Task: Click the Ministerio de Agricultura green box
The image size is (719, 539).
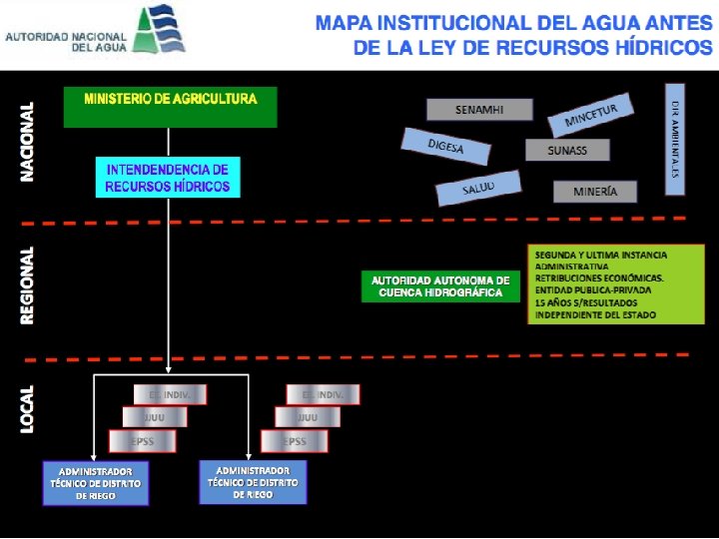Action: click(170, 107)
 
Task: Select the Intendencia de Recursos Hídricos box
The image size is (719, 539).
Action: click(168, 178)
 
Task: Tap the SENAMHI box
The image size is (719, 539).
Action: click(479, 109)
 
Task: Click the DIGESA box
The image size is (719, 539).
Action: click(446, 148)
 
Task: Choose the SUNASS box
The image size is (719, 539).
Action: click(567, 150)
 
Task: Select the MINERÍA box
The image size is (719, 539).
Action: click(595, 191)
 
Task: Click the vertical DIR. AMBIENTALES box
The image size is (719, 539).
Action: click(674, 138)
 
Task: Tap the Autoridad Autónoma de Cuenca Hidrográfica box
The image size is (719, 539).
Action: click(439, 286)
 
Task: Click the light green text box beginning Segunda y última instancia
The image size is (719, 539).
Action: click(615, 284)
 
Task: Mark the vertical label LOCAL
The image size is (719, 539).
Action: click(28, 408)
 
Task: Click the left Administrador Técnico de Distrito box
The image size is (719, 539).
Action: click(96, 483)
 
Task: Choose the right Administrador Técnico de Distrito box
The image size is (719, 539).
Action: click(253, 482)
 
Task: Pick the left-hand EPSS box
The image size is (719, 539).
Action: click(142, 441)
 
